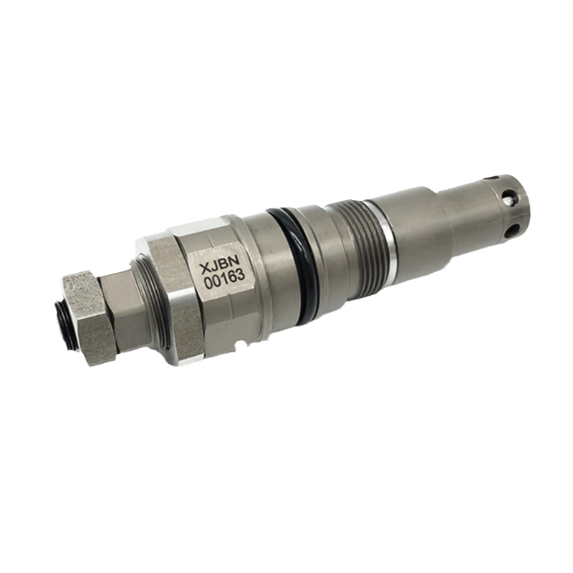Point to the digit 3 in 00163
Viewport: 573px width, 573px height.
tap(241, 274)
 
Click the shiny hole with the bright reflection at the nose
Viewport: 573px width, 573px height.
tap(507, 198)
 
